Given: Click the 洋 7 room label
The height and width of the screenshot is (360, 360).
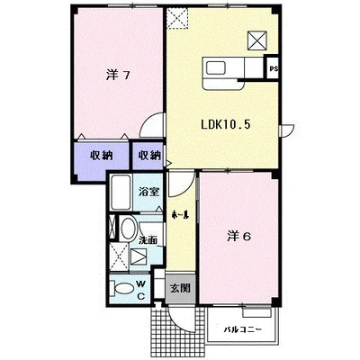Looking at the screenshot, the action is pyautogui.click(x=118, y=75).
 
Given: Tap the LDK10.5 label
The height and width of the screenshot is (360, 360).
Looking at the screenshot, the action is pyautogui.click(x=225, y=124).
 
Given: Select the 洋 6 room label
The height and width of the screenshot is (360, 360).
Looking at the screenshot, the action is pyautogui.click(x=238, y=237).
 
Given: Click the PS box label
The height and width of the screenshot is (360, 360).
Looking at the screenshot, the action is pyautogui.click(x=274, y=68).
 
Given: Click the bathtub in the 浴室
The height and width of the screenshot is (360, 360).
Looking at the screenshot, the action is pyautogui.click(x=121, y=193).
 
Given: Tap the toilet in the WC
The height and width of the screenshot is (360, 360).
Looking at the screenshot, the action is pyautogui.click(x=122, y=289).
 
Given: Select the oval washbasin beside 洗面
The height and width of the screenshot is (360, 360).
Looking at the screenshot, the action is pyautogui.click(x=128, y=229).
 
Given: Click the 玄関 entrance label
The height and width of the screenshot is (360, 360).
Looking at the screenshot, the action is pyautogui.click(x=180, y=288).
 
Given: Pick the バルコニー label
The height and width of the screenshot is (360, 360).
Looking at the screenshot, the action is pyautogui.click(x=243, y=330).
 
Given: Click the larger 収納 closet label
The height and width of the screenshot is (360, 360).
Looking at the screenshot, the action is pyautogui.click(x=102, y=155).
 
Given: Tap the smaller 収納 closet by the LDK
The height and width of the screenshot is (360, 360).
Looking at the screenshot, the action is pyautogui.click(x=149, y=155).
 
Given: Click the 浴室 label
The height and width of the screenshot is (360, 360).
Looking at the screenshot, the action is pyautogui.click(x=148, y=192).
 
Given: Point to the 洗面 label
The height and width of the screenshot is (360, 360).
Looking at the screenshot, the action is pyautogui.click(x=148, y=240).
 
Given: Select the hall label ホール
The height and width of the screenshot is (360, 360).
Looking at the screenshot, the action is pyautogui.click(x=179, y=214).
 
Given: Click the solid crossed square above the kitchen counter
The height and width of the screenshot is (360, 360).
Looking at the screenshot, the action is pyautogui.click(x=257, y=40).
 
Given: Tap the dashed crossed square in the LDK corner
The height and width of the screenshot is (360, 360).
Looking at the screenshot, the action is pyautogui.click(x=177, y=19).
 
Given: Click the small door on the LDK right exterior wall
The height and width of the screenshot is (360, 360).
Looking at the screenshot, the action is pyautogui.click(x=287, y=130).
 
